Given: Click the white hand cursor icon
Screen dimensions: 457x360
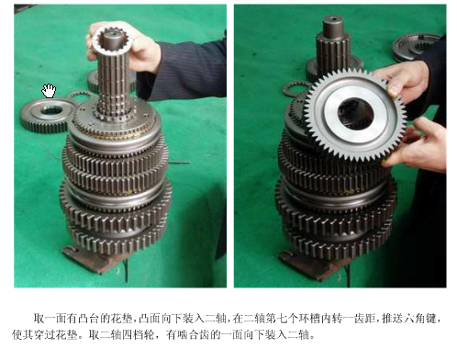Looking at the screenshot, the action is click(49, 91).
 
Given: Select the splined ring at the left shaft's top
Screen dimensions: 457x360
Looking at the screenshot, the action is click(113, 39).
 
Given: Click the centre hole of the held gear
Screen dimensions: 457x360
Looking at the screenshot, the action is click(356, 114).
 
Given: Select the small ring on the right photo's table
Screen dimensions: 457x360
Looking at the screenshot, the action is click(295, 89).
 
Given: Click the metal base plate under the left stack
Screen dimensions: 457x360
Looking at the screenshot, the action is click(92, 261).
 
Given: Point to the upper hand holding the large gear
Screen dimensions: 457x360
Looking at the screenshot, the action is click(404, 80).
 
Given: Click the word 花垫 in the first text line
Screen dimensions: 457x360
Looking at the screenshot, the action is click(121, 319).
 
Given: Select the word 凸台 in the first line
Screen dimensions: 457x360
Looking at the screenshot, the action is click(88, 319).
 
